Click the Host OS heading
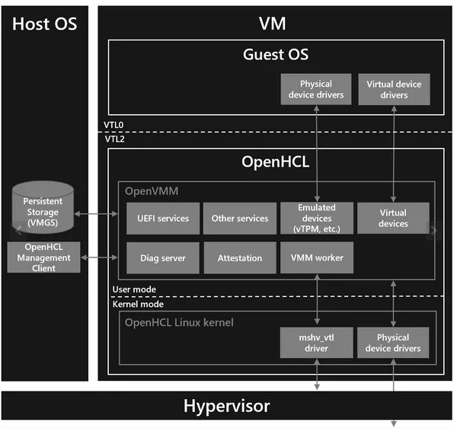click(44, 24)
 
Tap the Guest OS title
click(276, 54)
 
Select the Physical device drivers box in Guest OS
click(316, 90)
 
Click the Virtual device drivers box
click(393, 90)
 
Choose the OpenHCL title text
click(275, 161)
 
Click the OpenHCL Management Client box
click(47, 258)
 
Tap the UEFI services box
click(163, 219)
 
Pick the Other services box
click(240, 219)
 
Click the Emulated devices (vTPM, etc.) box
click(316, 219)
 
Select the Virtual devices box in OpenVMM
click(393, 219)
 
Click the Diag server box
click(163, 258)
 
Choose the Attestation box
click(240, 258)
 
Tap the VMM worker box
click(316, 258)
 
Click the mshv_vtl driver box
click(316, 343)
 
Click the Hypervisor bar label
click(226, 406)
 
